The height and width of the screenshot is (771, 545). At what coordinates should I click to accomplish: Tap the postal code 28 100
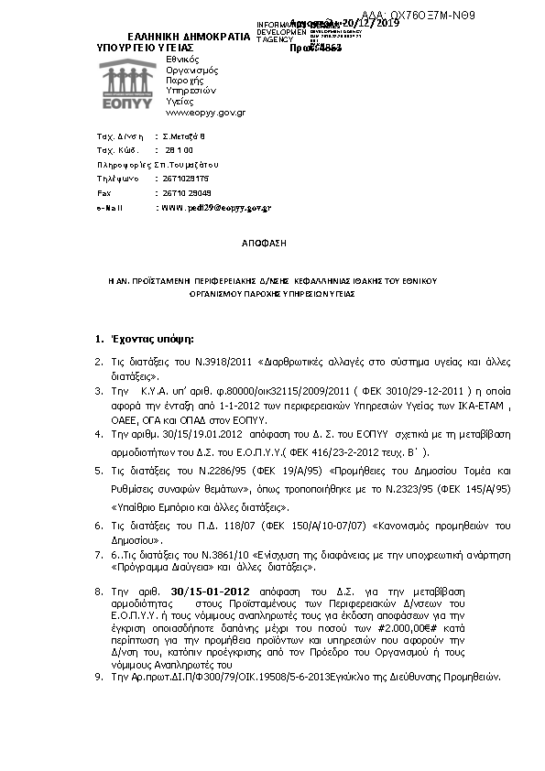(x=179, y=148)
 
